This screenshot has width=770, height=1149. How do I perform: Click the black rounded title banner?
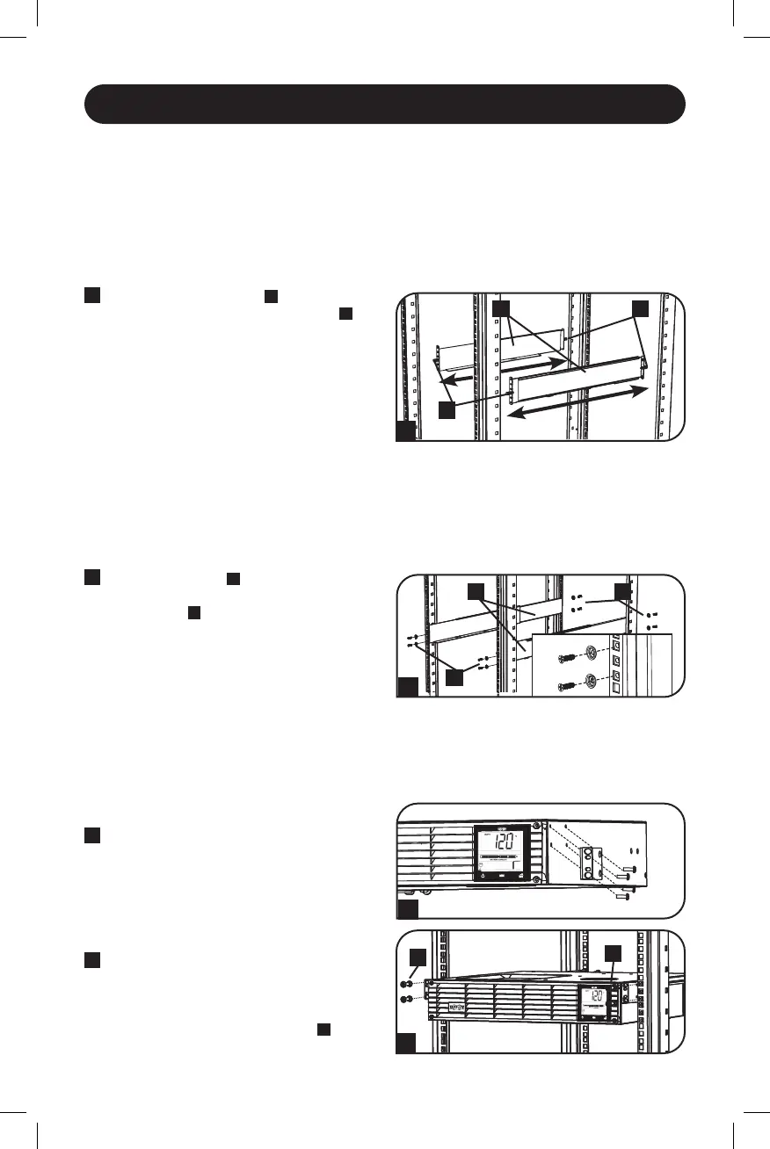[x=384, y=105]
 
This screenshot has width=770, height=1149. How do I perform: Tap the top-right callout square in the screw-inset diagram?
[x=623, y=591]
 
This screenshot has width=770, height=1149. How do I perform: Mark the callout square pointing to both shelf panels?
[x=501, y=308]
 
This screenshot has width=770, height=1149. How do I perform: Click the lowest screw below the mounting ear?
[x=623, y=896]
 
